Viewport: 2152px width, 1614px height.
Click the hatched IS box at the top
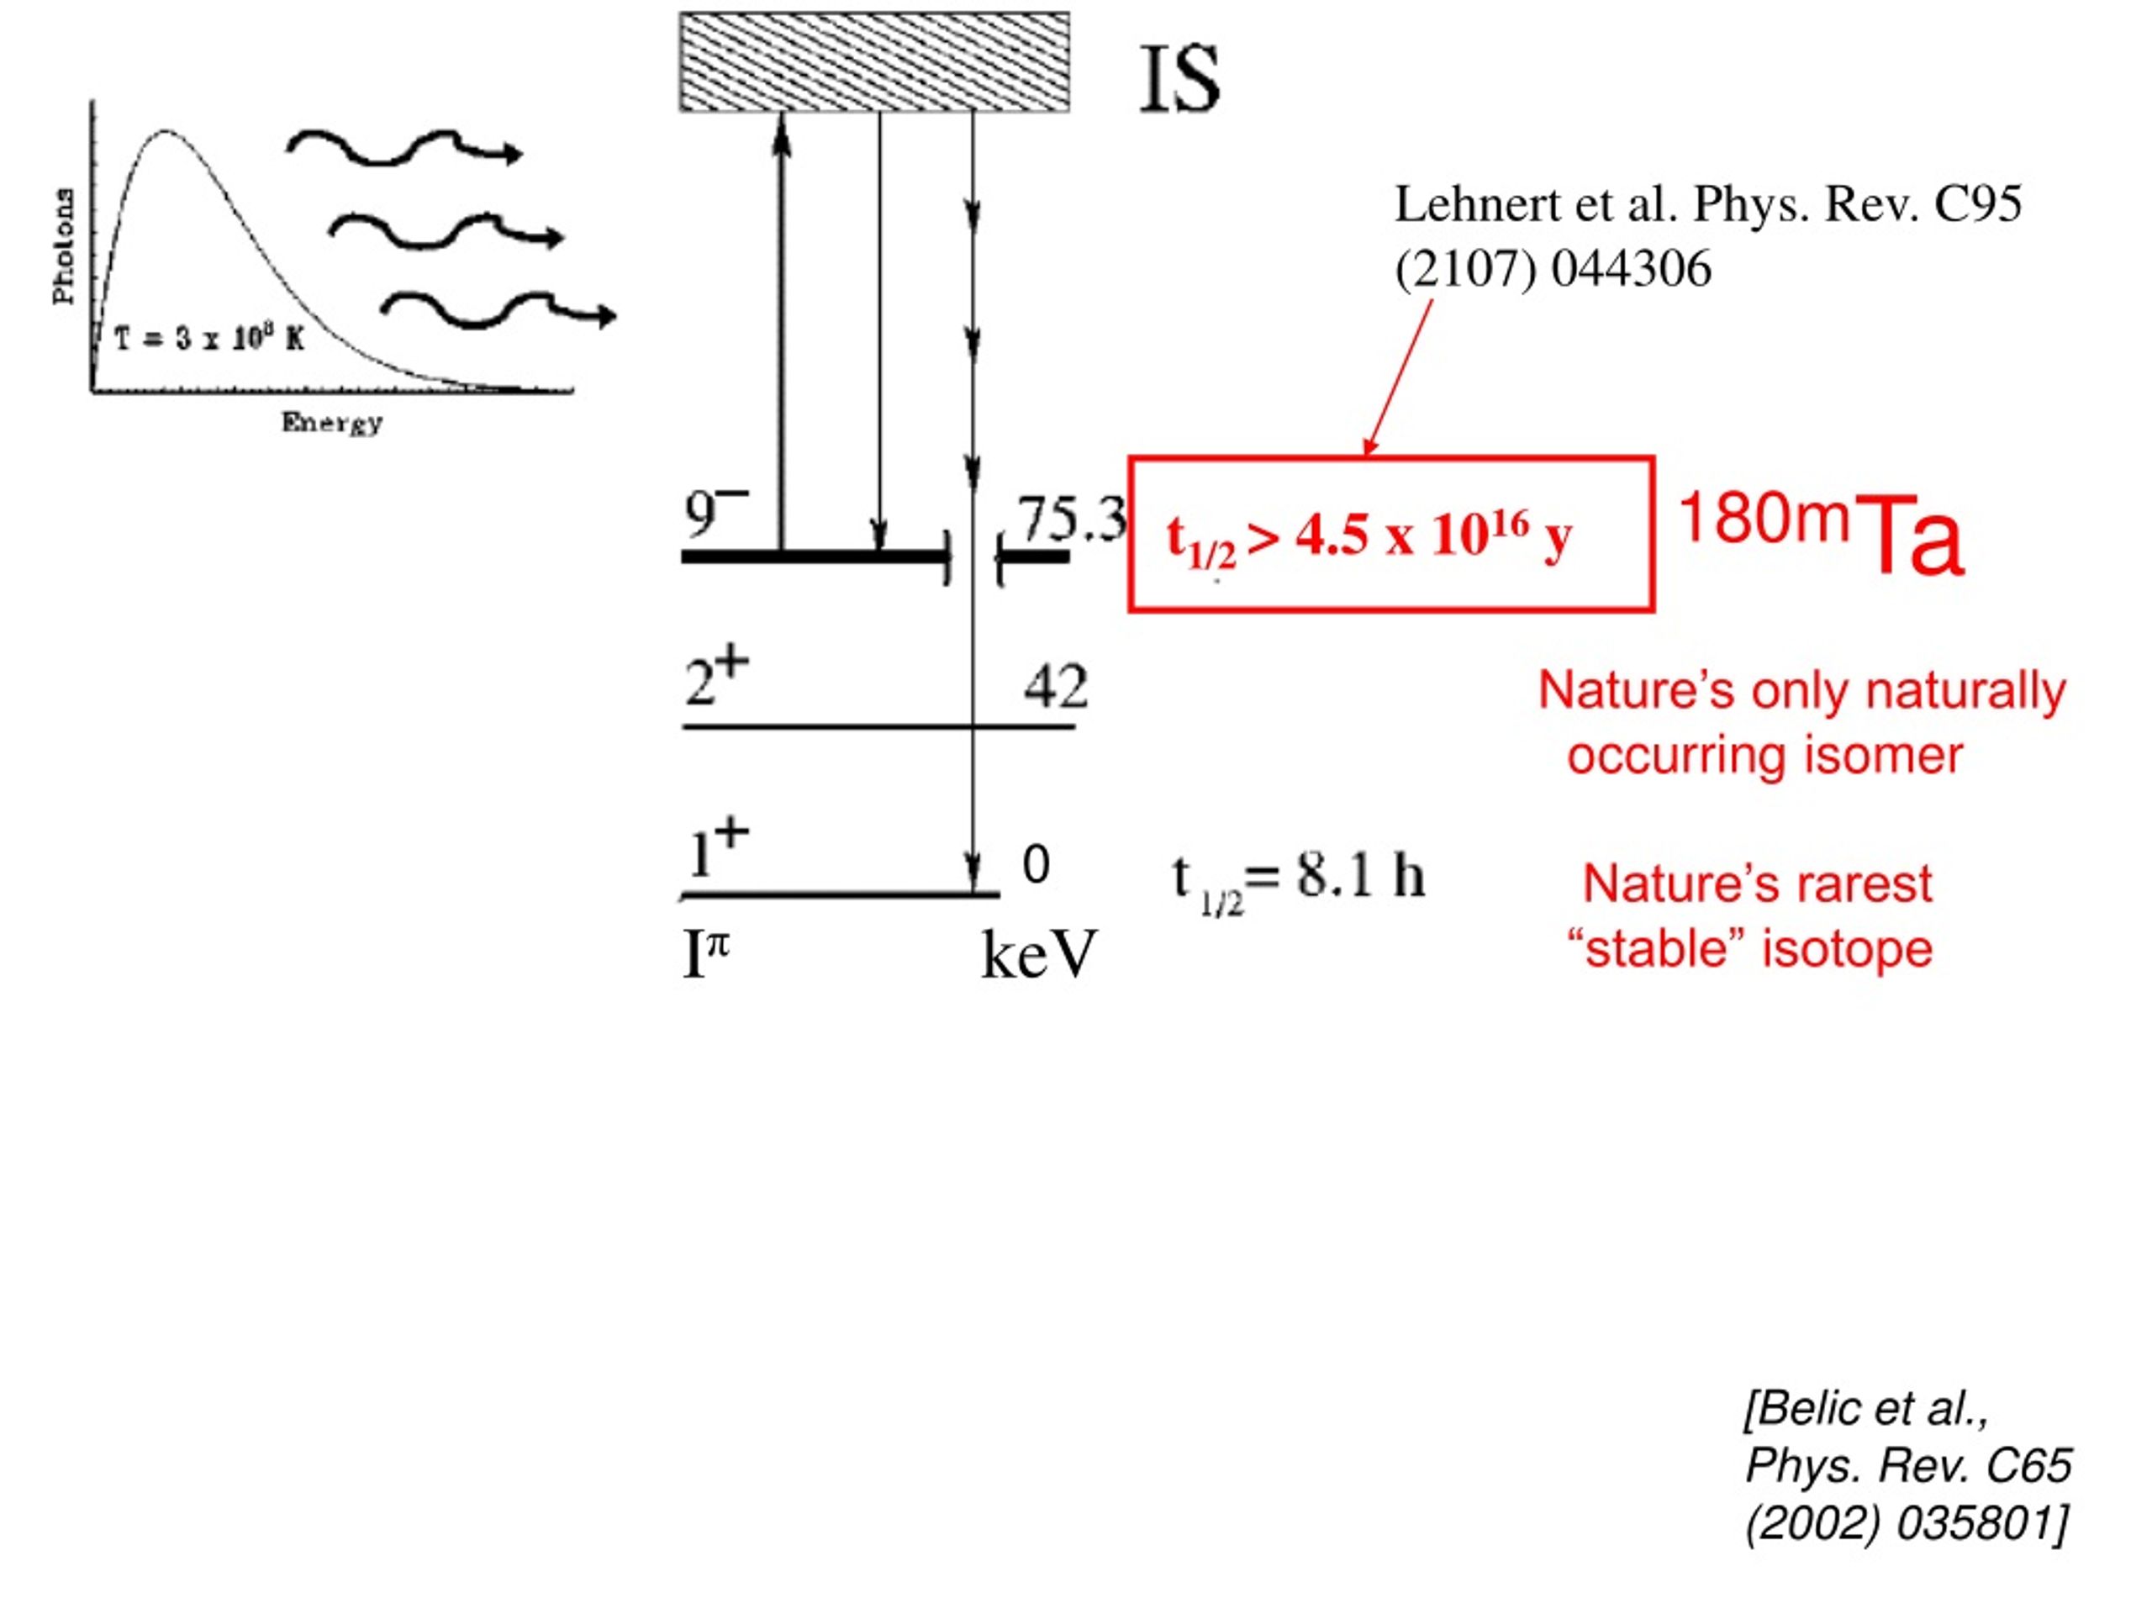[873, 62]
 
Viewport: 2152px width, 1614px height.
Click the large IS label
[1179, 78]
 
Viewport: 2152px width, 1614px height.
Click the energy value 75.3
[1071, 518]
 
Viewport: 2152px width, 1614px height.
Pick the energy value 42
[1056, 686]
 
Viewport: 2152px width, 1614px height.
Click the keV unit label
[1038, 954]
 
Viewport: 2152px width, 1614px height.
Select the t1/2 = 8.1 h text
[1298, 883]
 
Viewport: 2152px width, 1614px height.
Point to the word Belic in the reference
[1804, 1408]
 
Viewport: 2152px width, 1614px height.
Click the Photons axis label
[63, 246]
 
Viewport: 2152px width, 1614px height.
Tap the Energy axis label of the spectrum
[332, 423]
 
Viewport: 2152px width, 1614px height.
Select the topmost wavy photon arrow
[403, 148]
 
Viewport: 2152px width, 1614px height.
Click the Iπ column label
[706, 953]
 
